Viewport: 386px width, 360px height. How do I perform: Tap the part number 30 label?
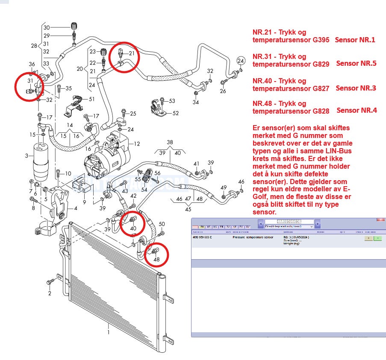pos(47,28)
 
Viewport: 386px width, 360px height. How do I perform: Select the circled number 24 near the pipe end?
pos(241,60)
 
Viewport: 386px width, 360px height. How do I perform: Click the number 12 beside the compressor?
pos(137,143)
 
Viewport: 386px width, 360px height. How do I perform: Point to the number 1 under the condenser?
pos(108,332)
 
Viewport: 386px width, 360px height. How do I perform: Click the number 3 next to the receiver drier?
pos(27,156)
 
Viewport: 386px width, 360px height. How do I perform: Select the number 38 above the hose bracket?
pos(170,142)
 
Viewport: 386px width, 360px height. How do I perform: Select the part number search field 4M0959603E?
pos(289,222)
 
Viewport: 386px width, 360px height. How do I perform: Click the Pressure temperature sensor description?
pos(253,237)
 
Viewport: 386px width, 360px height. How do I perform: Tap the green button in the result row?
pos(377,238)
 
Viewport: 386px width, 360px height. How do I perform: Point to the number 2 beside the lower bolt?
pos(50,293)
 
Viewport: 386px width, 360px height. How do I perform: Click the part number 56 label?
pos(157,173)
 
